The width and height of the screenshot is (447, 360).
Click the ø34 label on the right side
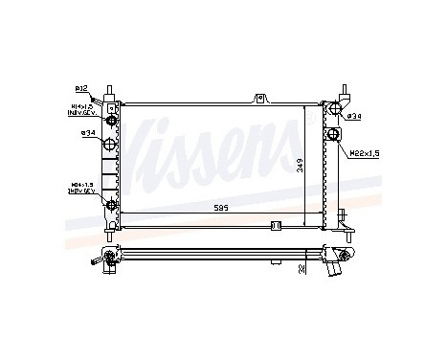pos(354,116)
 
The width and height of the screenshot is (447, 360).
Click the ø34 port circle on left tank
pos(111,145)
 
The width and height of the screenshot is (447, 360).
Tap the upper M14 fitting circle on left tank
pos(111,120)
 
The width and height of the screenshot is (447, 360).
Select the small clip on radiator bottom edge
pos(274,226)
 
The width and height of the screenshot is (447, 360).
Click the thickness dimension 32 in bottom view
pos(301,269)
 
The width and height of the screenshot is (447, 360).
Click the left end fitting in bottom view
pos(112,256)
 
